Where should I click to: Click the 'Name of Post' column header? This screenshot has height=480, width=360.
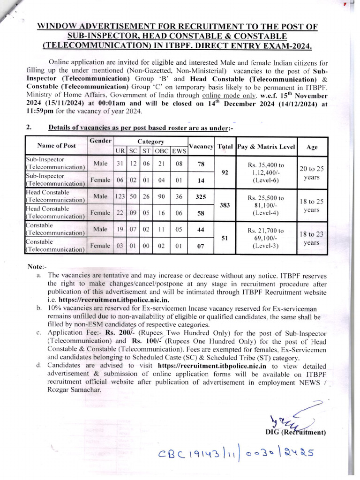click(56, 145)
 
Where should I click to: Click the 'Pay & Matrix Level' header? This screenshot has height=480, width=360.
click(266, 146)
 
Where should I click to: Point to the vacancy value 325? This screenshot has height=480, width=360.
click(201, 197)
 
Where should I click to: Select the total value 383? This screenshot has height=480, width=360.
click(225, 205)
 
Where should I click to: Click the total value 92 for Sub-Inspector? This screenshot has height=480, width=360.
click(225, 172)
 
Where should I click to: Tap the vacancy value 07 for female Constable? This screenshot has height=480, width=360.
click(201, 246)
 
